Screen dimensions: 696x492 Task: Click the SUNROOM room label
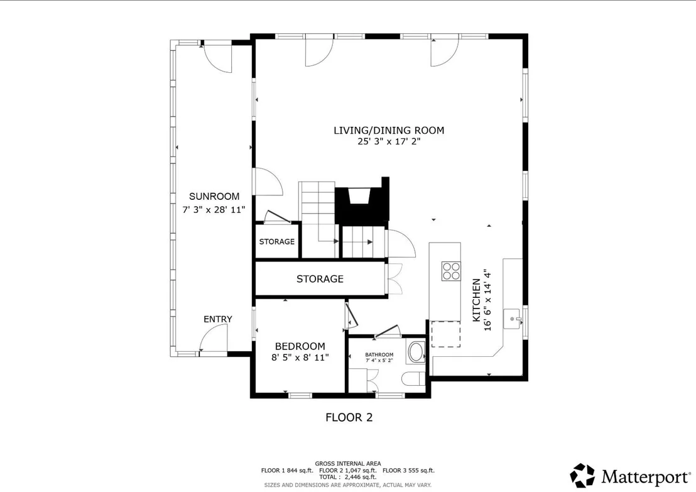coord(214,196)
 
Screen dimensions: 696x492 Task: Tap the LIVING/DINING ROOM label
coord(389,130)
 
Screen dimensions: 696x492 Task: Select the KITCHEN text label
coord(476,300)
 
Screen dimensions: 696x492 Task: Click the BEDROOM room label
coord(300,346)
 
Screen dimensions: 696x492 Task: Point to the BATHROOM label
coord(379,354)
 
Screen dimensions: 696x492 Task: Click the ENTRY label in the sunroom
coord(217,319)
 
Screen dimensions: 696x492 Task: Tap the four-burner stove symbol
coord(451,271)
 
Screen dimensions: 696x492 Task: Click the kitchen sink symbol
coord(514,319)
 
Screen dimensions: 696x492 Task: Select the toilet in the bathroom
coord(413,379)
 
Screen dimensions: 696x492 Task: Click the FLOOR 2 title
coord(349,417)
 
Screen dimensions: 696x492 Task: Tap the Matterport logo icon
coord(582,475)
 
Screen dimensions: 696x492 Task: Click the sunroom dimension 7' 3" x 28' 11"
coord(214,210)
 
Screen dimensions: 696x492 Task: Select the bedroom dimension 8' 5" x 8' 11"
coord(300,358)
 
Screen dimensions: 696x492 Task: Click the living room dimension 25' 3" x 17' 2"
coord(389,141)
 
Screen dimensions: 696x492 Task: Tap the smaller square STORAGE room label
coord(277,241)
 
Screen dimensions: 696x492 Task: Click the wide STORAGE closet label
coord(320,279)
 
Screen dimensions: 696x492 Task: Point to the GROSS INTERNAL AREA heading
coord(348,464)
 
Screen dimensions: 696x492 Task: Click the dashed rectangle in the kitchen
coord(445,334)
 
